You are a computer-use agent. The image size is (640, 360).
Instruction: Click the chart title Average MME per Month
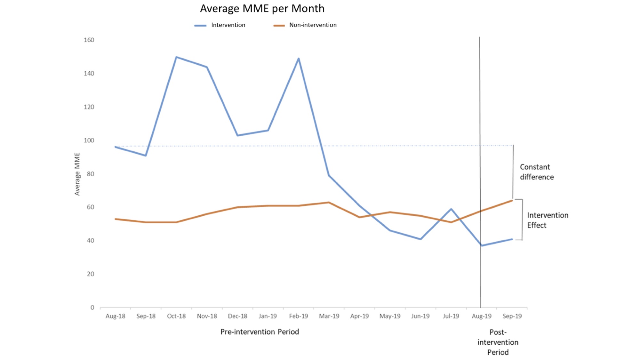point(262,9)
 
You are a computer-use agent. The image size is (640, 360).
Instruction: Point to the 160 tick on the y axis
point(89,40)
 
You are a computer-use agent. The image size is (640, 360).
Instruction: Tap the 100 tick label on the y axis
point(89,140)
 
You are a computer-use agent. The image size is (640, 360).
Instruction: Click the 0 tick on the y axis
point(92,308)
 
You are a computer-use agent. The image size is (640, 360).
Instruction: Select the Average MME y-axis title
point(77,174)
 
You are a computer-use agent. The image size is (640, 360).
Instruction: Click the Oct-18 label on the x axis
point(176,316)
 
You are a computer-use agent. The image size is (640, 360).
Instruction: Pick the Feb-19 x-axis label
point(298,316)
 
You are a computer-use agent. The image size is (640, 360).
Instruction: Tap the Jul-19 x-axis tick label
point(451,316)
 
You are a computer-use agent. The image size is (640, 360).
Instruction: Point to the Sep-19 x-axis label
point(512,316)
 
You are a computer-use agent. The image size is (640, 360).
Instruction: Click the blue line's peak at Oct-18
point(176,57)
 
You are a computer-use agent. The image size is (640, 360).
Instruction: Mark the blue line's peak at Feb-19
point(299,58)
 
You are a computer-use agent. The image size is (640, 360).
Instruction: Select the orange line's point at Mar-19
point(329,202)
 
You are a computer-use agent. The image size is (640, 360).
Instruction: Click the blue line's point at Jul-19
point(451,209)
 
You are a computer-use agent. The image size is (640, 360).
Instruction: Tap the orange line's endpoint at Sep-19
point(512,201)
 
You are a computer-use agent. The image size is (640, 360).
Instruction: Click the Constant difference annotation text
point(537,172)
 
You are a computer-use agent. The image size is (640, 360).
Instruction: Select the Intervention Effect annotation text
point(548,220)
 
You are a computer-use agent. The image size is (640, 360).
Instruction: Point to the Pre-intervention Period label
point(260,332)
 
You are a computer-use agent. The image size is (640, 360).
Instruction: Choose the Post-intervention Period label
point(498,342)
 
